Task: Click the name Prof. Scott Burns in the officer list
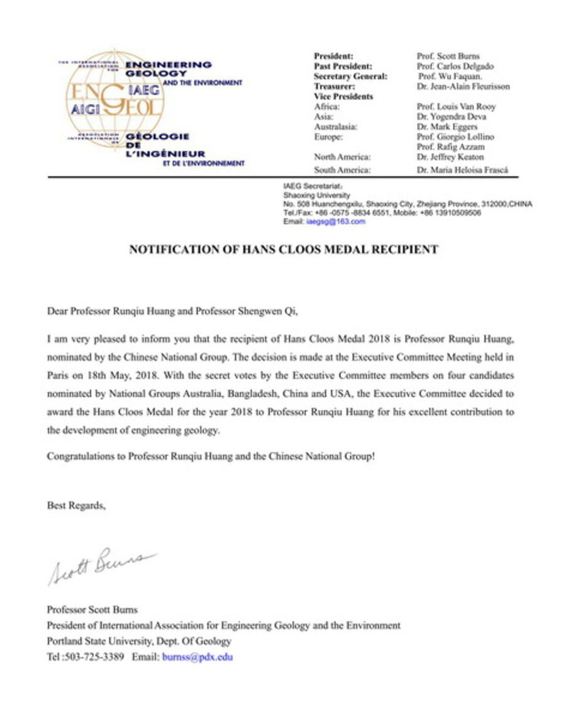tap(447, 56)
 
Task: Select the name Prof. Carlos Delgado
tap(455, 66)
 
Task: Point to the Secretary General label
tap(350, 76)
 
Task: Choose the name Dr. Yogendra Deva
tap(451, 116)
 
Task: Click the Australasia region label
tap(335, 126)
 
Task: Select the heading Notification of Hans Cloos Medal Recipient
tap(283, 250)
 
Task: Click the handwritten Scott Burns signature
tap(101, 564)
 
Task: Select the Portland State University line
tap(139, 642)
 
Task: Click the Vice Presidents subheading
tap(343, 96)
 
